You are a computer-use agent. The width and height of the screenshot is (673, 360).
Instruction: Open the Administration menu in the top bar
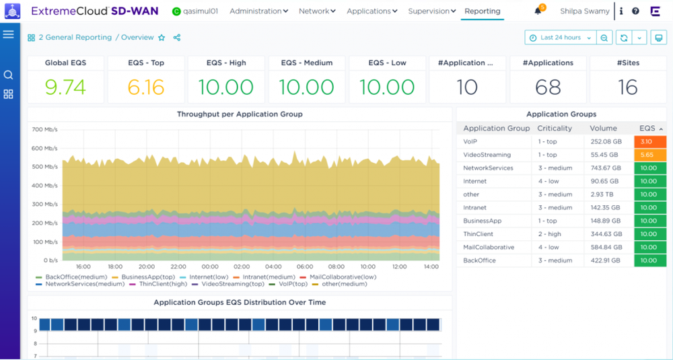[x=258, y=11]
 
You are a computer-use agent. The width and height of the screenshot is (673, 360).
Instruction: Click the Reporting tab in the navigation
[x=482, y=11]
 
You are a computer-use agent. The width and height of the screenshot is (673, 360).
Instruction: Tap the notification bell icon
[x=538, y=11]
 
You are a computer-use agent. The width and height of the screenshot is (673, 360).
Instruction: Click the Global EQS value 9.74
[x=65, y=87]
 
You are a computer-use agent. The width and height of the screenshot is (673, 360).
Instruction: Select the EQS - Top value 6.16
[x=146, y=87]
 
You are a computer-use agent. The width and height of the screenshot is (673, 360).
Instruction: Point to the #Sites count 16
[x=628, y=87]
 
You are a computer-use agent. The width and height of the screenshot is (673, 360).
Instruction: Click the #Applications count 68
[x=548, y=87]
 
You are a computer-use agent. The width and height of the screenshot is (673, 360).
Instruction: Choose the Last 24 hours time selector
[x=561, y=38]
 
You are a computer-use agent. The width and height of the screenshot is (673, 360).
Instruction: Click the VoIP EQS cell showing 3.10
[x=649, y=142]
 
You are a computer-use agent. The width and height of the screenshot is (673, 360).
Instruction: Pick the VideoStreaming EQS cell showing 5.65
[x=649, y=155]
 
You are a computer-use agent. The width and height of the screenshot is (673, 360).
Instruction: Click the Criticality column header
[x=555, y=128]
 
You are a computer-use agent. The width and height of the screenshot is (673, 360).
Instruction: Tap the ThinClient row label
[x=478, y=234]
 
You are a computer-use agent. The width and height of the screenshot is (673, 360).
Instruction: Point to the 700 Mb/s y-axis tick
[x=44, y=129]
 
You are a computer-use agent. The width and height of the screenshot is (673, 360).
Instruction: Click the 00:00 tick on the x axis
[x=210, y=266]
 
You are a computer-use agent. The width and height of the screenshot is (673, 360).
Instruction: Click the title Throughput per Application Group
[x=240, y=114]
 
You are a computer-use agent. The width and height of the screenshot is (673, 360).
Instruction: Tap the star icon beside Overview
[x=162, y=38]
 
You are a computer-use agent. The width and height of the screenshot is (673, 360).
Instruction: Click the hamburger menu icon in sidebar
[x=9, y=34]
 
